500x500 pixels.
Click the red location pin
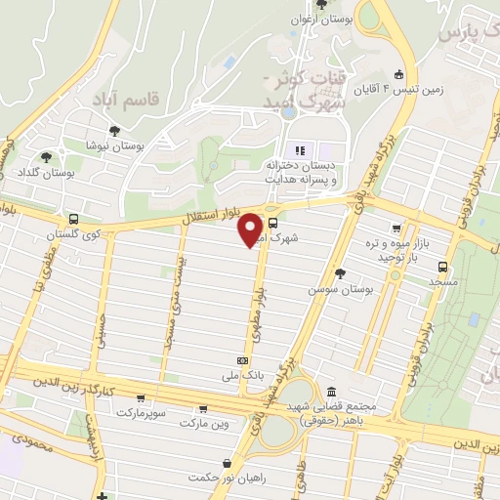point(252,229)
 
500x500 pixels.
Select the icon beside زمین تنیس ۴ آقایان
point(398,74)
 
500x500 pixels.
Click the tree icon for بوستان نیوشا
point(115,130)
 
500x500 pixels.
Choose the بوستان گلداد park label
point(49,172)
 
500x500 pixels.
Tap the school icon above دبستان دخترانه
point(301,149)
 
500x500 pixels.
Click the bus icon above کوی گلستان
point(74,220)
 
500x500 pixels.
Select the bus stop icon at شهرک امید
point(271,222)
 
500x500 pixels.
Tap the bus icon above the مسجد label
point(444,266)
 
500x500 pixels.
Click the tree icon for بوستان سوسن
point(339,274)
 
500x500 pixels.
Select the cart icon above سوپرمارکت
point(143,397)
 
